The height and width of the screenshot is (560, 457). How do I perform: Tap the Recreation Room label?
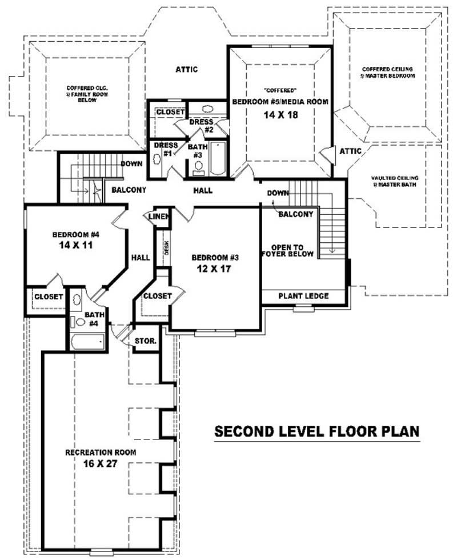(x=101, y=452)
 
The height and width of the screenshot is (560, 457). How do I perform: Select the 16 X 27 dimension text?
(x=101, y=463)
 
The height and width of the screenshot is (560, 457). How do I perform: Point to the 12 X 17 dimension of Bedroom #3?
(x=214, y=269)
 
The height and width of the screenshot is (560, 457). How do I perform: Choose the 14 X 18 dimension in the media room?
(x=280, y=114)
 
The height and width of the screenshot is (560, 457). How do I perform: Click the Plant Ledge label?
(x=303, y=296)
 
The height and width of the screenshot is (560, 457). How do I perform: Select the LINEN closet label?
(x=158, y=217)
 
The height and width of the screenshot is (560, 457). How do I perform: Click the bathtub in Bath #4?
(x=87, y=342)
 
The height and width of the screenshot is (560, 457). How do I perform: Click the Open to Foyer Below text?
(x=287, y=250)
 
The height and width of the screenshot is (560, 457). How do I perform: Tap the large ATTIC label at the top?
(x=186, y=70)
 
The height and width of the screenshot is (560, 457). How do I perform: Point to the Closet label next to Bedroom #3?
(x=157, y=295)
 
